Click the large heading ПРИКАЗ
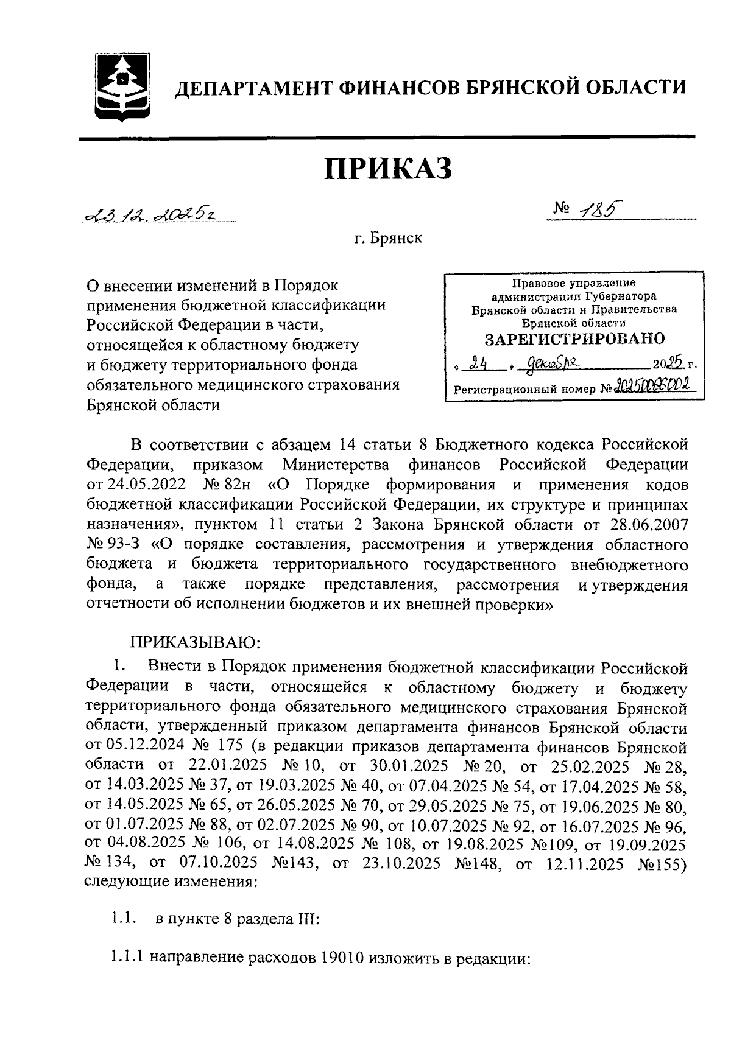387,168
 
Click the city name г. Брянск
388,239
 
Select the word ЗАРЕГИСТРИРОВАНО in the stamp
574,338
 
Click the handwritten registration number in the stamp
654,387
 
